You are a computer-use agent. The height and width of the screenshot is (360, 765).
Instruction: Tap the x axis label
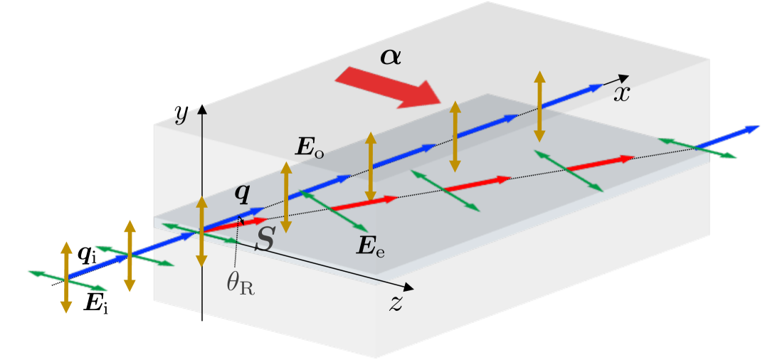coord(622,94)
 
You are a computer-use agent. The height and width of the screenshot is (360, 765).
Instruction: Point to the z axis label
coord(396,303)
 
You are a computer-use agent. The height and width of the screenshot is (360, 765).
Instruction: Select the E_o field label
coord(310,147)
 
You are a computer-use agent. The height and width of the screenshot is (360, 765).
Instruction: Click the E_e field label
coord(371,246)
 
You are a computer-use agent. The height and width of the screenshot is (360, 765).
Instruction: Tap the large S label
coord(265,240)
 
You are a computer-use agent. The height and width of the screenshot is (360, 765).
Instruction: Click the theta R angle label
coord(241,282)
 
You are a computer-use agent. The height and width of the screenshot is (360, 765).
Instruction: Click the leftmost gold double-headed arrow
coord(66,277)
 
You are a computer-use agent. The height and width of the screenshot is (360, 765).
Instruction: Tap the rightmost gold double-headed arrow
coord(539,105)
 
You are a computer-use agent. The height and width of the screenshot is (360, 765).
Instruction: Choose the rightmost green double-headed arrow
coord(697,148)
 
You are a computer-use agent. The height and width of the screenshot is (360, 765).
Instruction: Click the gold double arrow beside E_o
coord(285,198)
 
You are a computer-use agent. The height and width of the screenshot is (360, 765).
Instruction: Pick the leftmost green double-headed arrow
coord(68,280)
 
